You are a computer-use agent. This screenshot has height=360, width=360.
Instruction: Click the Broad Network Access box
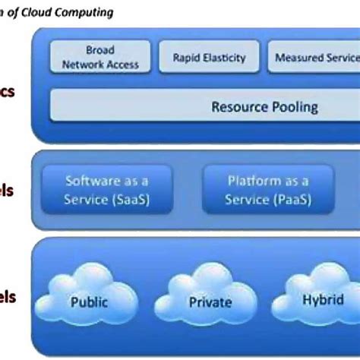point(100,57)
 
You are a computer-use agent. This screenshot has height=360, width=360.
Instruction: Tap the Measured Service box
point(311,57)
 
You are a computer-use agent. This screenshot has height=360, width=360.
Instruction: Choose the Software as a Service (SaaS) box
point(106,191)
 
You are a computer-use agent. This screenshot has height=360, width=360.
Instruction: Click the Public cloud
point(89,301)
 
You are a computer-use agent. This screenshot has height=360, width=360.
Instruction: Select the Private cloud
point(210,302)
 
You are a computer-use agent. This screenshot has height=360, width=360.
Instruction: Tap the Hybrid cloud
point(323,299)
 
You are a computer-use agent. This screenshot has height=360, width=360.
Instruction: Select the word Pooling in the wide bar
point(292,106)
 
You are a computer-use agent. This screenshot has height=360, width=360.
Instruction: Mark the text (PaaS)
point(289,200)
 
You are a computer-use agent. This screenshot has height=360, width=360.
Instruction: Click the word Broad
point(100,50)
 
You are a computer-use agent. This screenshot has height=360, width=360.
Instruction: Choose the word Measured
point(298,58)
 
